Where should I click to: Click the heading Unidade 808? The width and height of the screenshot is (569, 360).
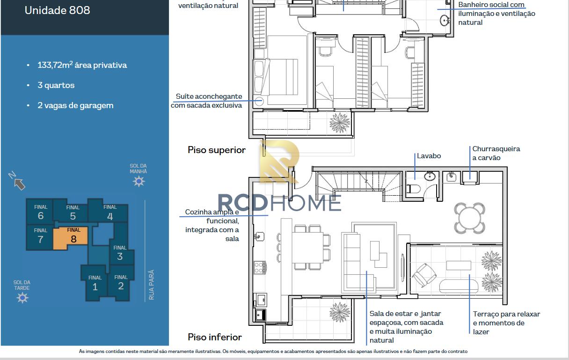[57, 10]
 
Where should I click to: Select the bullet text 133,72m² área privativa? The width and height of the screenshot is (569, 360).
[82, 65]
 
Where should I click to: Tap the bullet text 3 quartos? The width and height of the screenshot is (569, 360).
[56, 85]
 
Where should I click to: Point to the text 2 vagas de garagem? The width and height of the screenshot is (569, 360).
[75, 105]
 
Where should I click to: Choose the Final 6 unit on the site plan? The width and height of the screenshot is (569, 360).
[40, 212]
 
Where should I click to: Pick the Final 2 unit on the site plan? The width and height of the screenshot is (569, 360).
[121, 283]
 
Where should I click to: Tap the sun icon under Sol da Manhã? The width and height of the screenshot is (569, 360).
[139, 182]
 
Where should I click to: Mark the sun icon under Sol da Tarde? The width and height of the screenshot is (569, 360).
[22, 298]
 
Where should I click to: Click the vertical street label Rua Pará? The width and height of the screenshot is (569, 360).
[151, 285]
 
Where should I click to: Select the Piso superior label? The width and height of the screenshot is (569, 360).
[217, 150]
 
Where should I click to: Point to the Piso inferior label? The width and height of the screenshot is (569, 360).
[215, 337]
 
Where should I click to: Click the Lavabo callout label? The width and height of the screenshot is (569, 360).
[429, 156]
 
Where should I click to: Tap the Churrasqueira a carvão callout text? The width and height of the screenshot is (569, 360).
[496, 153]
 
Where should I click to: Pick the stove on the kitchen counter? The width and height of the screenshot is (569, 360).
[260, 268]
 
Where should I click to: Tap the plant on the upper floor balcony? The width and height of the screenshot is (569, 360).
[339, 123]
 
